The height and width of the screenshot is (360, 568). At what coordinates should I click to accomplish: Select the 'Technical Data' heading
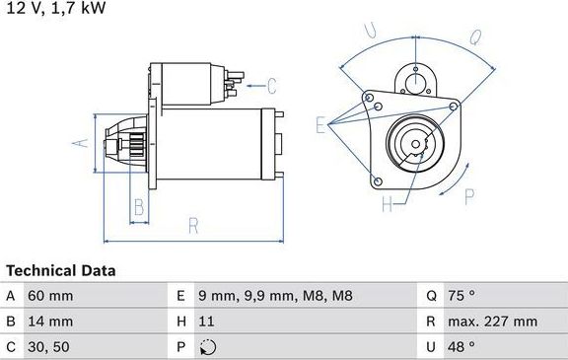coord(61,270)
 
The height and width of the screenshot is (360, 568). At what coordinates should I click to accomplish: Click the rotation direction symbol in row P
coord(206,347)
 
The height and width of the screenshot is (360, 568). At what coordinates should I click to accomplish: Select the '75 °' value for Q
coord(461,296)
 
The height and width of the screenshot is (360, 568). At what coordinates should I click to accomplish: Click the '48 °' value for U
coord(461,346)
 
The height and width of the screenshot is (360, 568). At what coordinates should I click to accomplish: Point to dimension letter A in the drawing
coord(83,142)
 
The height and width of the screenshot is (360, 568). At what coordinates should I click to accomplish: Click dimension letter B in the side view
coord(139,207)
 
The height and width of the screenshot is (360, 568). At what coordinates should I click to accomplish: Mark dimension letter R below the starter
coord(193,226)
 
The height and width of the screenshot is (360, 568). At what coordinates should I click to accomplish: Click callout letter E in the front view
coord(319,124)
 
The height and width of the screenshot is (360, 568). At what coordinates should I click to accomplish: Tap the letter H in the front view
coord(387,204)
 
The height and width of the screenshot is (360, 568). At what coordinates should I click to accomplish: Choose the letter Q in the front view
coord(475,39)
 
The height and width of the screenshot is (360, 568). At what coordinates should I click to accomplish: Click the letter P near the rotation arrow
coord(469,195)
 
